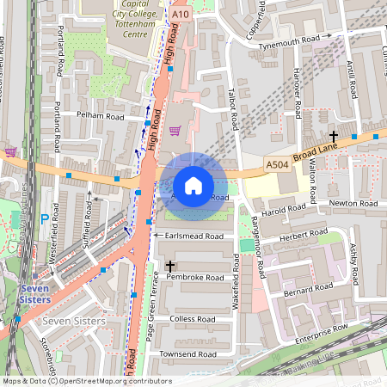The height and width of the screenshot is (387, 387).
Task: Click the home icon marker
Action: point(193,186)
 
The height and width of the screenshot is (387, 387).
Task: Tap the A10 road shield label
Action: point(180,15)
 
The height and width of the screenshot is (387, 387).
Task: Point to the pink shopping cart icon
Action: point(175,131)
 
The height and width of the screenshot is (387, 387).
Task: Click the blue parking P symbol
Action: point(44,219)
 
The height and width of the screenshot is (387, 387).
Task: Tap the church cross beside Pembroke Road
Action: point(170,267)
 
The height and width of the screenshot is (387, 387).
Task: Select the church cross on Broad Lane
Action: point(334,136)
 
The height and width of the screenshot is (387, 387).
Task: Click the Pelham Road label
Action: point(101,116)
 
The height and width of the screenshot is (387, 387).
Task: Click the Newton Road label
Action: point(353,203)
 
